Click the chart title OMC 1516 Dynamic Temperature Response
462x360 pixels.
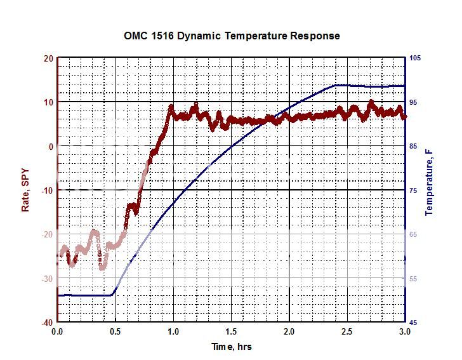[x=232, y=36]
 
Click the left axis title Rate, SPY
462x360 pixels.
[x=26, y=190]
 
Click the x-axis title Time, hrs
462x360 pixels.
[x=232, y=346]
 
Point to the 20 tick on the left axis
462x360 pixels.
[x=48, y=58]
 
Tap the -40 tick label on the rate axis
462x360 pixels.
[x=46, y=323]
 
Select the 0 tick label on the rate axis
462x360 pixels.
[x=50, y=147]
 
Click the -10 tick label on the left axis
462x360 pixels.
[x=46, y=190]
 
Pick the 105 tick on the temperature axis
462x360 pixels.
[x=416, y=58]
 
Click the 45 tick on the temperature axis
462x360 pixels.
[x=414, y=323]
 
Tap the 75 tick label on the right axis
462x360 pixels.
[x=414, y=190]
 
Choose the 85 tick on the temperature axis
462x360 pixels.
[x=414, y=147]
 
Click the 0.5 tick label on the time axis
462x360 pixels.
[x=115, y=331]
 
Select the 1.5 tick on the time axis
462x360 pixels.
[x=231, y=331]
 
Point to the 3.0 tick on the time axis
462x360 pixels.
[x=404, y=331]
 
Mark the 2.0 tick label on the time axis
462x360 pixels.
[x=289, y=331]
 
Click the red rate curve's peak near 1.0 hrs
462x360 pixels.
[x=171, y=107]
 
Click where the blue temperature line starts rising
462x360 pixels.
[x=114, y=294]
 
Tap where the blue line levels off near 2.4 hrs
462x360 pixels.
[x=336, y=85]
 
